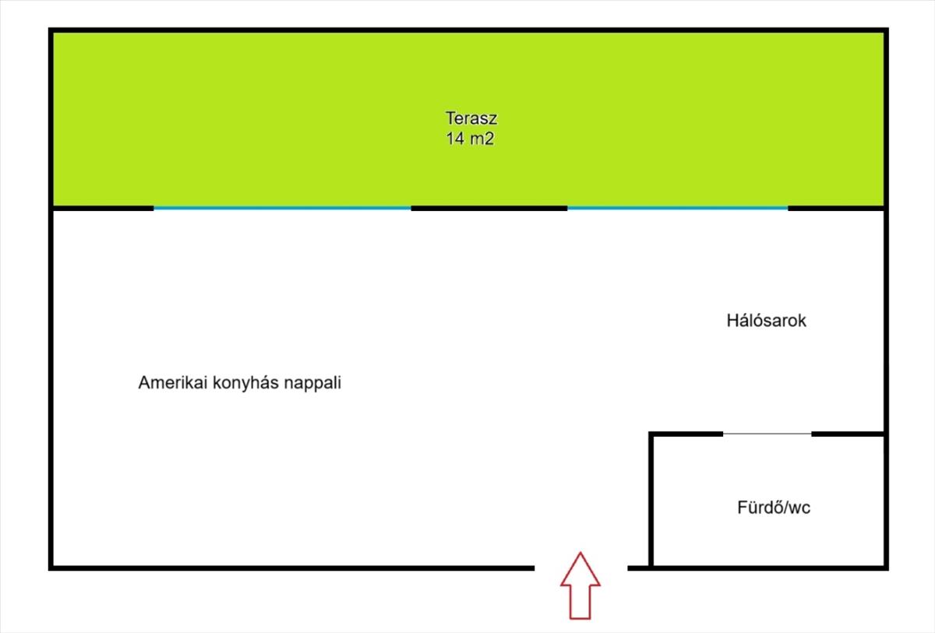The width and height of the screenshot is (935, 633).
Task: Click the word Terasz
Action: [471, 118]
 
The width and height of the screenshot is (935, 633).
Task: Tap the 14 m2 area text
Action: [470, 139]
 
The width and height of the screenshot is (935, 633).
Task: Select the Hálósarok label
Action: [767, 321]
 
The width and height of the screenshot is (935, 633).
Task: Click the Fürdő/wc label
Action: [774, 508]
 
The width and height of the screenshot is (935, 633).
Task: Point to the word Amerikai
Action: [173, 382]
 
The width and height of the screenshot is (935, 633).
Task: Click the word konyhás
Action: [245, 382]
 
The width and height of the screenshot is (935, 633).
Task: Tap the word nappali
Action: [312, 383]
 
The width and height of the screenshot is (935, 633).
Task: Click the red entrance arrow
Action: [580, 586]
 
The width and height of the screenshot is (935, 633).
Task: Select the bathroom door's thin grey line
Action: [767, 434]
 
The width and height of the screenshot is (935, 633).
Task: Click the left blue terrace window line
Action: [282, 208]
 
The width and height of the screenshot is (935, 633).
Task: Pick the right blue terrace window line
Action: [677, 207]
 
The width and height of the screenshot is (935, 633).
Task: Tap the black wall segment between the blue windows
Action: [489, 208]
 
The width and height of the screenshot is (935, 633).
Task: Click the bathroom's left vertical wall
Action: [651, 500]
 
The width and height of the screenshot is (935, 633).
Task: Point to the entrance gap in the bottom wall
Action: [581, 568]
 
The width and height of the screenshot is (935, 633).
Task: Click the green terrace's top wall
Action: [468, 30]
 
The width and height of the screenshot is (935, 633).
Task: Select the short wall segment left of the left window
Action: [103, 208]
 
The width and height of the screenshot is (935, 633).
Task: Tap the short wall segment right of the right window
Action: [837, 208]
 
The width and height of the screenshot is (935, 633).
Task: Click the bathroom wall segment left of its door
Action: [686, 434]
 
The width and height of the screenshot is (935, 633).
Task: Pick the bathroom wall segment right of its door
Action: [849, 434]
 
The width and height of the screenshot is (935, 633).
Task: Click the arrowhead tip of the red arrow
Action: [580, 553]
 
